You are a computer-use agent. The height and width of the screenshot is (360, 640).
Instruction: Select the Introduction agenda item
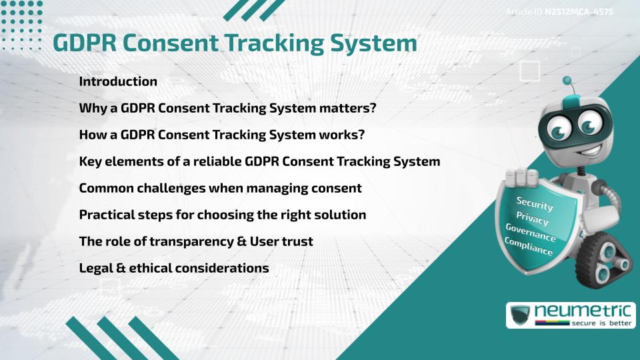tap(118, 81)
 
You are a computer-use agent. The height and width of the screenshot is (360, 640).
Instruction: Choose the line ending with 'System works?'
tap(222, 135)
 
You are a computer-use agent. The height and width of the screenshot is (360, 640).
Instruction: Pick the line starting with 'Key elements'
tap(259, 161)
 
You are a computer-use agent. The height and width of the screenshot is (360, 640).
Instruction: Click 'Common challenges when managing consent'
tap(220, 188)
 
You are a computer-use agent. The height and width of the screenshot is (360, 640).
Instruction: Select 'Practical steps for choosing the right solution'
tap(223, 215)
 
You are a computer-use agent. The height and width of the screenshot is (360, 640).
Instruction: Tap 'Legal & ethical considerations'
tap(174, 268)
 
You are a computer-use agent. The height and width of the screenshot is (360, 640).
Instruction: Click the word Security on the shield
tap(535, 204)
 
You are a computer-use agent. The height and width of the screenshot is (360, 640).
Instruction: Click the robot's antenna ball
tap(567, 81)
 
